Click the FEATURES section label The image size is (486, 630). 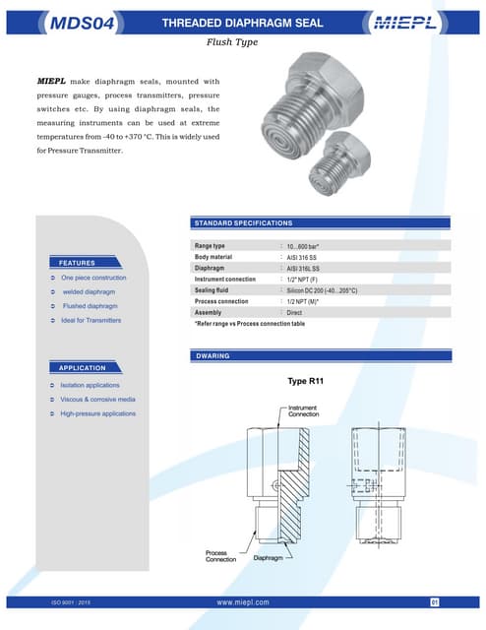[76, 263]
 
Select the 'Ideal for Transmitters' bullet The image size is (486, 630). [91, 321]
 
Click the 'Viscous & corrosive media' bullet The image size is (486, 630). [97, 399]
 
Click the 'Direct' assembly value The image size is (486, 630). [294, 313]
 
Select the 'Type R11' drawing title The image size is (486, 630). [306, 381]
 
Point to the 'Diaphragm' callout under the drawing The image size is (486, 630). [271, 558]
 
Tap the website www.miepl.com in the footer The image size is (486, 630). [242, 600]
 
